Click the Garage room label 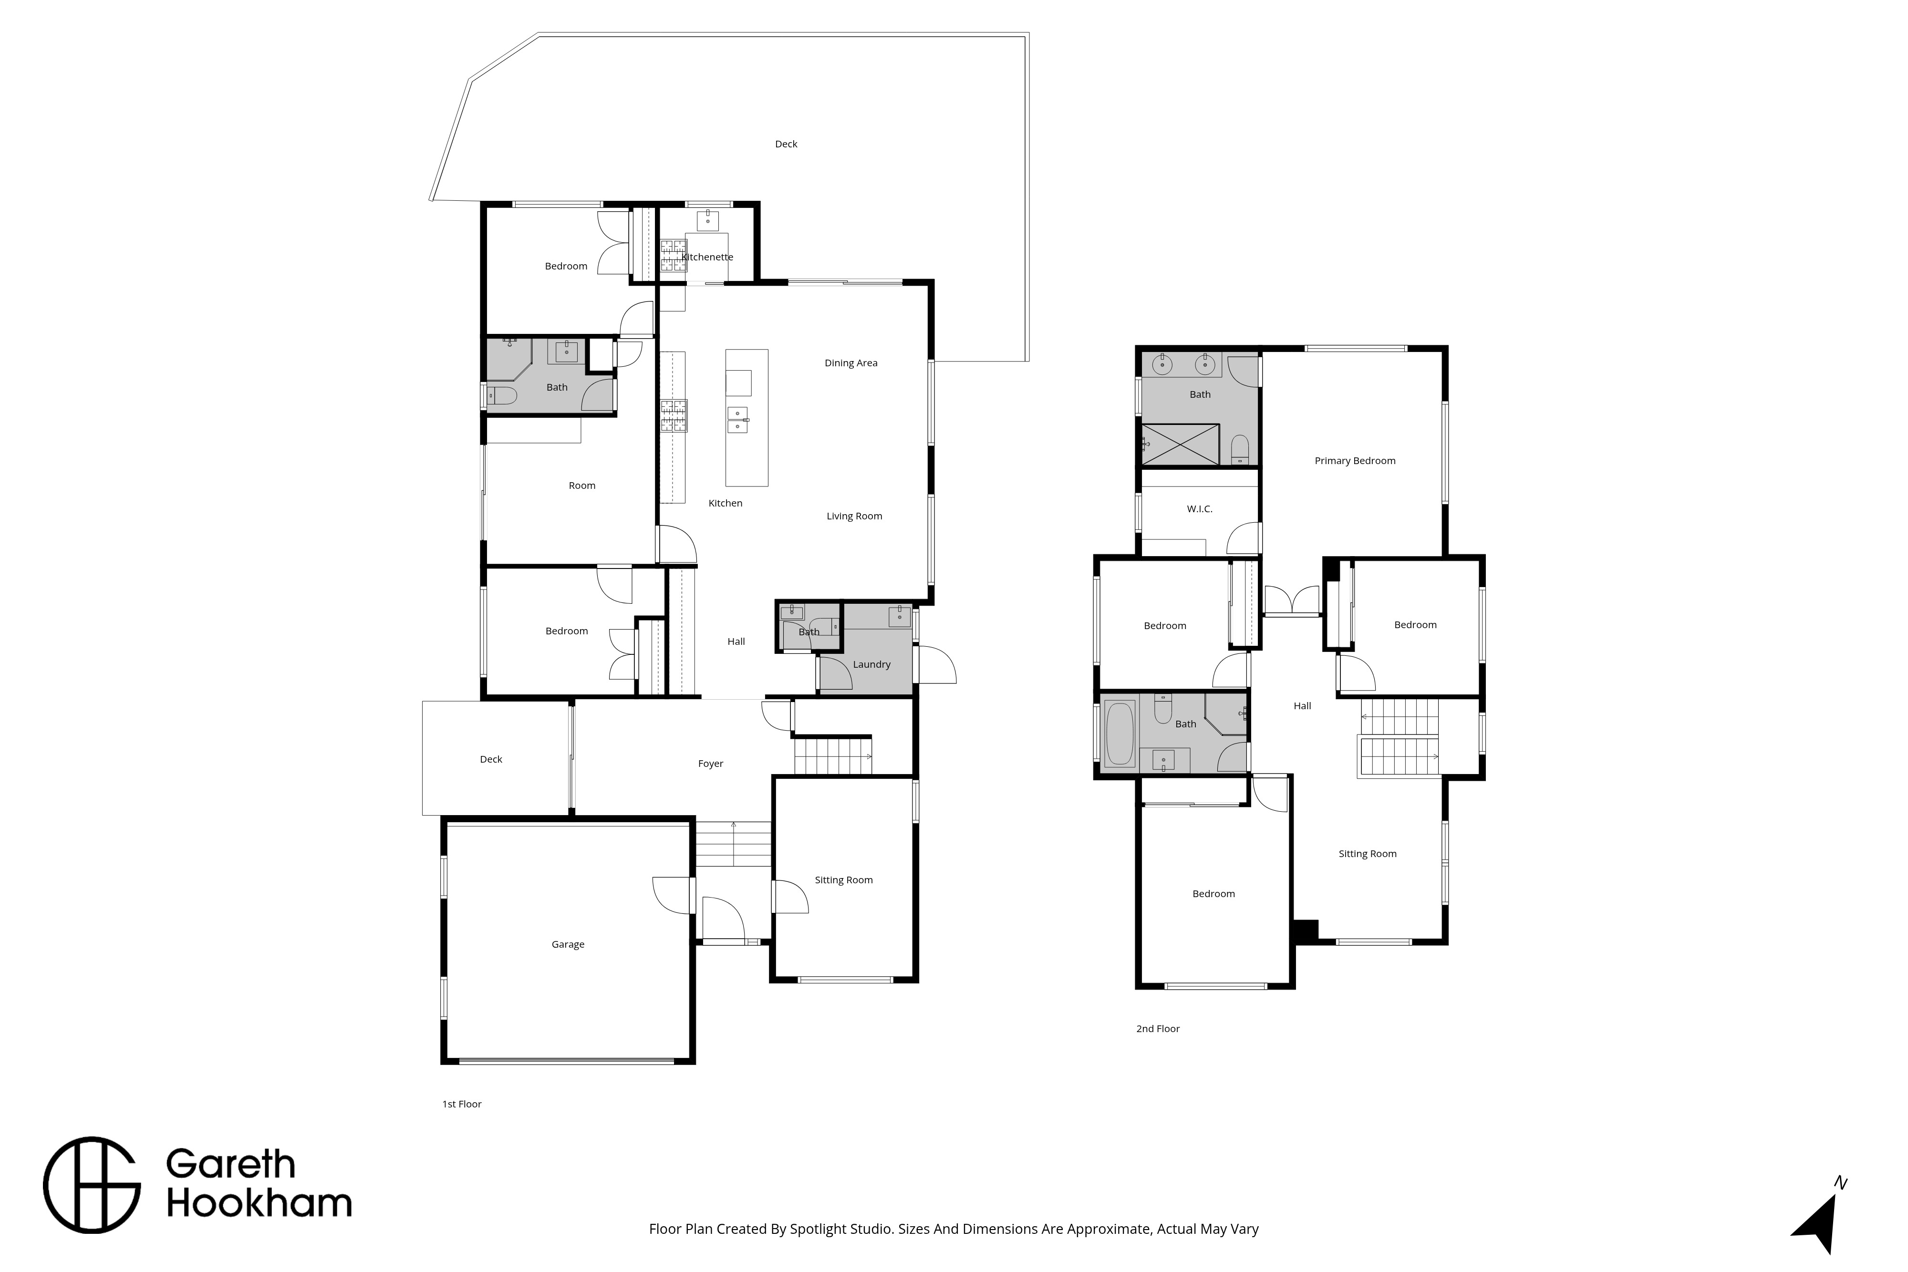[568, 944]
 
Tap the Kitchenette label [707, 257]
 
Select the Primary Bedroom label [1355, 461]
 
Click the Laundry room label [871, 664]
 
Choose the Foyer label [711, 764]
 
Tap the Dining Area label [851, 363]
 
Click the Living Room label [854, 516]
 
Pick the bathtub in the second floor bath [1120, 734]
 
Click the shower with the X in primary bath [1180, 445]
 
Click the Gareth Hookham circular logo [92, 1185]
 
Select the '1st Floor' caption [462, 1104]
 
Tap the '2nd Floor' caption [1158, 1029]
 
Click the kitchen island [747, 418]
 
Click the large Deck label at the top [786, 145]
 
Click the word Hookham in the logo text [259, 1204]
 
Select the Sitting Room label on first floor [844, 880]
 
